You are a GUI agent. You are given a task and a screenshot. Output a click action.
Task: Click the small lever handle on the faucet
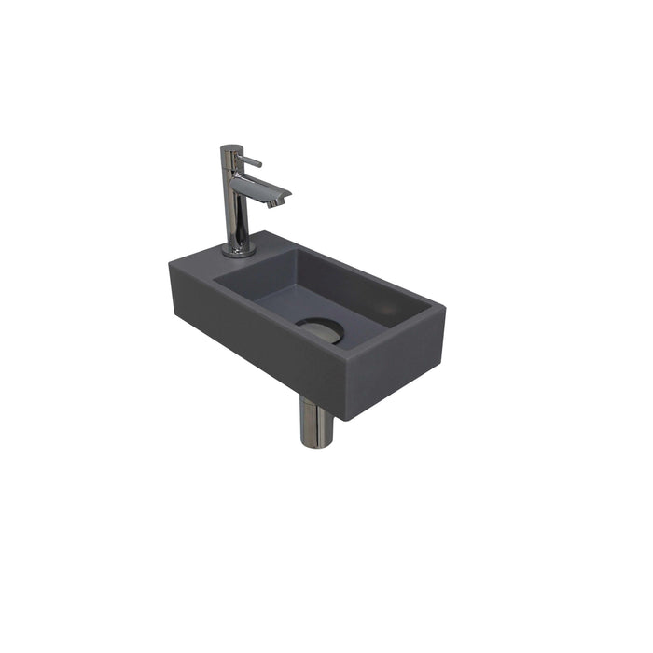click(253, 163)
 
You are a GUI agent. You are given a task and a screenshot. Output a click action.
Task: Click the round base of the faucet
click(238, 250)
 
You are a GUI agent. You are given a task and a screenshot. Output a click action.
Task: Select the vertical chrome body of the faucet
click(235, 210)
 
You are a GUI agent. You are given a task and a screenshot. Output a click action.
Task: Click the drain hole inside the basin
click(320, 330)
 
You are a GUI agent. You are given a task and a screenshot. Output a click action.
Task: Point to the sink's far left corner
click(169, 264)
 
